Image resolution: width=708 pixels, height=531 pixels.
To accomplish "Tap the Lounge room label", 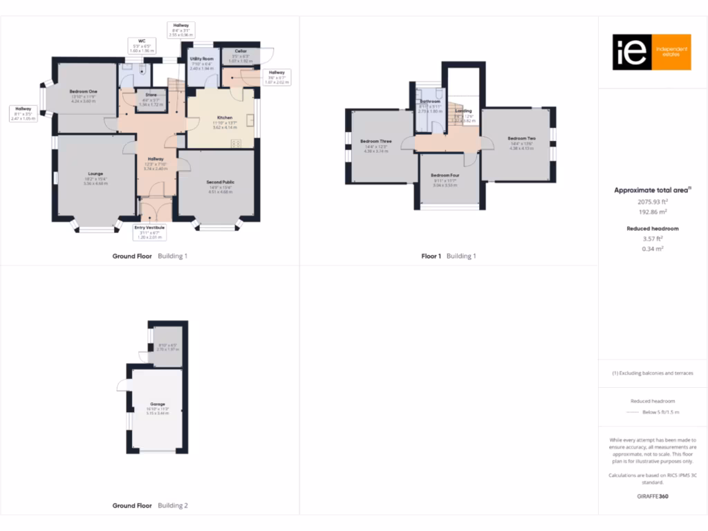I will pyautogui.click(x=95, y=174).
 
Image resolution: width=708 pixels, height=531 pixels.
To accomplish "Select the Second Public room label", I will pyautogui.click(x=221, y=183).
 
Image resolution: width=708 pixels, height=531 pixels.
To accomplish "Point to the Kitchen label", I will pyautogui.click(x=225, y=118).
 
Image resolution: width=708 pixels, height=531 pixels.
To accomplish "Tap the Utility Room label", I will pyautogui.click(x=202, y=59).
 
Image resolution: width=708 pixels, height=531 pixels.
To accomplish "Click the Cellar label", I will pyautogui.click(x=241, y=51).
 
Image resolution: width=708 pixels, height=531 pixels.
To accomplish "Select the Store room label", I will pyautogui.click(x=151, y=95).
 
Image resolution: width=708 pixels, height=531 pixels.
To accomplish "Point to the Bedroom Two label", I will pyautogui.click(x=522, y=138).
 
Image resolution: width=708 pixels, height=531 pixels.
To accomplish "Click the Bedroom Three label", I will pyautogui.click(x=375, y=142).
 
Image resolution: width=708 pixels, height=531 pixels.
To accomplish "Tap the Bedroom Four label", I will pyautogui.click(x=445, y=176).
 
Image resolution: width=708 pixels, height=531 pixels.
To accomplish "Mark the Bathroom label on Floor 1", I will pyautogui.click(x=430, y=102).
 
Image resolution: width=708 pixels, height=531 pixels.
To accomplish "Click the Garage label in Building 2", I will pyautogui.click(x=158, y=404).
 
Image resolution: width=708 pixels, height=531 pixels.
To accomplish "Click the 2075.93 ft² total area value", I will pyautogui.click(x=653, y=202).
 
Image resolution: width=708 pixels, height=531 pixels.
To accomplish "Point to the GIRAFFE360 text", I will pyautogui.click(x=653, y=496).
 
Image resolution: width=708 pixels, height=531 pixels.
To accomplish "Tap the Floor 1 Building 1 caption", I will pyautogui.click(x=449, y=257).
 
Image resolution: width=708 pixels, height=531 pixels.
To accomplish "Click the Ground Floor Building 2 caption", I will pyautogui.click(x=150, y=506).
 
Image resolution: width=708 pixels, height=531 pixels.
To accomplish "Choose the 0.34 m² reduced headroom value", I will pyautogui.click(x=653, y=249).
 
